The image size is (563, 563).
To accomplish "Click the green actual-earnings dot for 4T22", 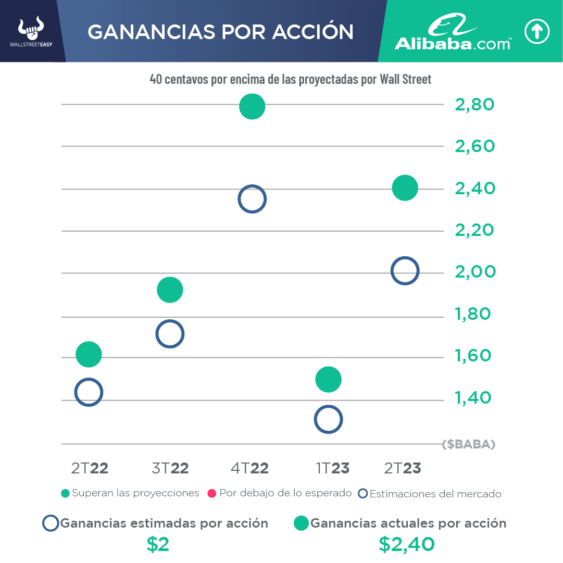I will pos(252,107).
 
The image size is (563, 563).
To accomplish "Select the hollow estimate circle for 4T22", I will pos(252,199).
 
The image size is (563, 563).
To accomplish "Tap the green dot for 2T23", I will pos(405,187).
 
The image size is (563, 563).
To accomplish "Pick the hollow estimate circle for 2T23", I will pos(405,271).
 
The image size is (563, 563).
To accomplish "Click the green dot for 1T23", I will pos(328,379).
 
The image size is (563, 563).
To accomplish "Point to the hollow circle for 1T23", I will pos(328,419).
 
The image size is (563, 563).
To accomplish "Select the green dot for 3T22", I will pos(170,290).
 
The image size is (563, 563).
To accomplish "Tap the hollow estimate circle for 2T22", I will pos(89,392).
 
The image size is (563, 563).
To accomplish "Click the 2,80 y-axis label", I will pos(474,105).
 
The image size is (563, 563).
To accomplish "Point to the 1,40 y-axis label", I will pos(472,398).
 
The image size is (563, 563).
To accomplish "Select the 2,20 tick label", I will pos(474,230).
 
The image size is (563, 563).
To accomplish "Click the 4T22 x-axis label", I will pos(249,468).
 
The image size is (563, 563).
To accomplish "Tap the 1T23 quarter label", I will pos(332,468).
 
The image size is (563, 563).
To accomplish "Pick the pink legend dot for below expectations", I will pos(212,493).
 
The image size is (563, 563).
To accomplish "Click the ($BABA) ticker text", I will pos(468,445).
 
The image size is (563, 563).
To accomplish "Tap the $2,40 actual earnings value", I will pos(407,544).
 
